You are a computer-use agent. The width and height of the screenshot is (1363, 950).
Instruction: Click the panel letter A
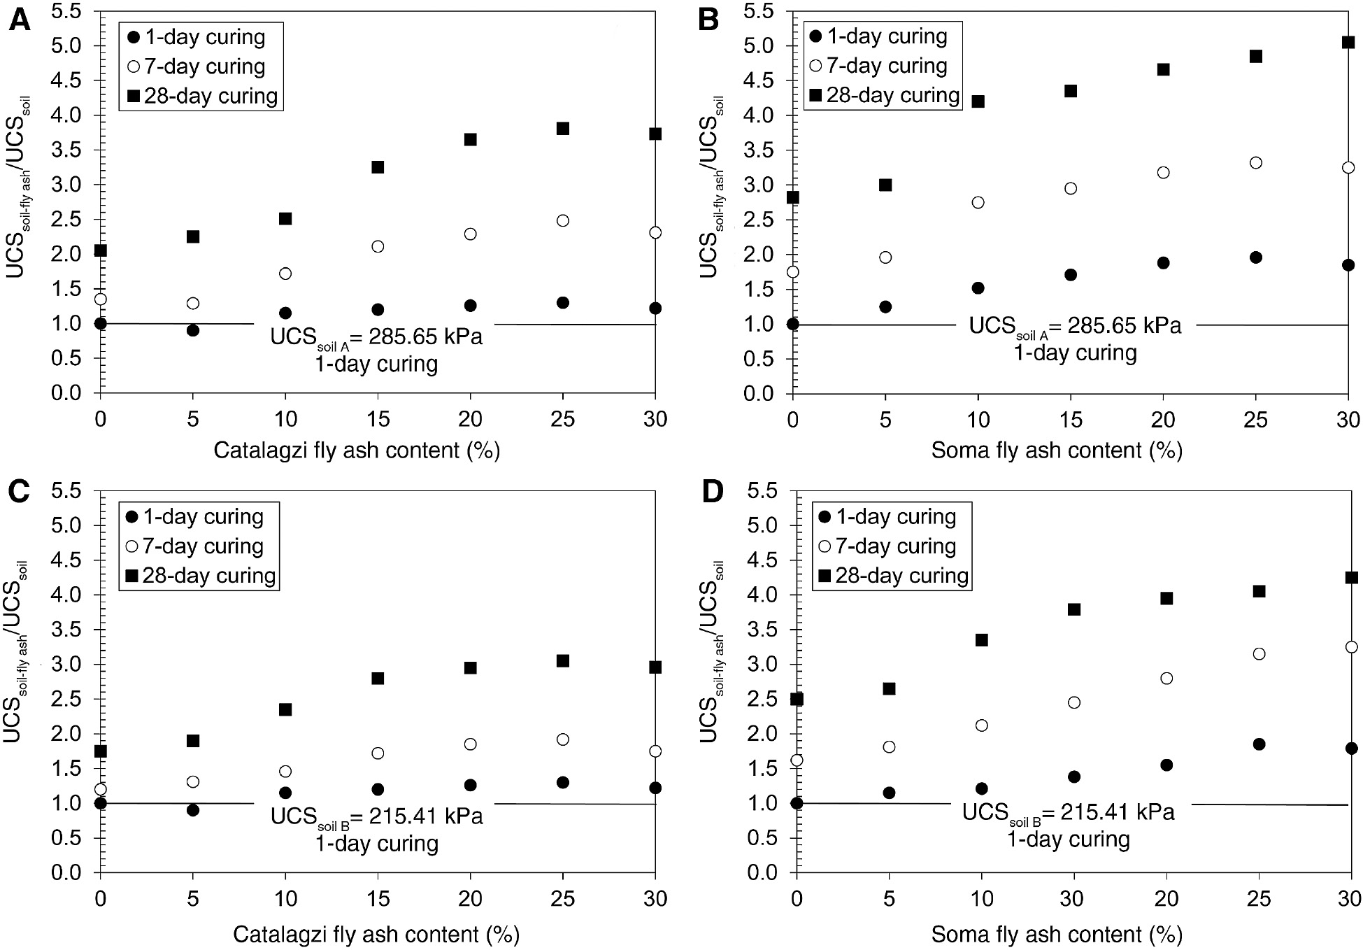(19, 20)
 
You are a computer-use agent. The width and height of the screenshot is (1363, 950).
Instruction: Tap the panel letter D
(711, 492)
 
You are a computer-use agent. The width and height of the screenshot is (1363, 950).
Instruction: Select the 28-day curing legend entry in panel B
(885, 95)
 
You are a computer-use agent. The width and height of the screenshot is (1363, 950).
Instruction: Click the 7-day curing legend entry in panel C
(194, 546)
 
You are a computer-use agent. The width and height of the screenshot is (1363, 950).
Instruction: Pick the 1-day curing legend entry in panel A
(197, 37)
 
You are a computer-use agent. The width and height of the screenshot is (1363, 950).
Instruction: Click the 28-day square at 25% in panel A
(563, 129)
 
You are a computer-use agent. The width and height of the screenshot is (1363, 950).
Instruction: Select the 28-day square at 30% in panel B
(1348, 43)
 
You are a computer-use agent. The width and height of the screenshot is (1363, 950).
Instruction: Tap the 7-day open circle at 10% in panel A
(285, 274)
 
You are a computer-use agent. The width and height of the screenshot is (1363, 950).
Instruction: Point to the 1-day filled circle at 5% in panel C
(193, 810)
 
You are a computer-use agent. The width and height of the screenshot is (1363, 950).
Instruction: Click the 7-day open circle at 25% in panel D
(1259, 654)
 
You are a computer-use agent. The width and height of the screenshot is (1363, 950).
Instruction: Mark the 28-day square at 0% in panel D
(797, 700)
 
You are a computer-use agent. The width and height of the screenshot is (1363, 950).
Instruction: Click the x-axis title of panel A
(357, 450)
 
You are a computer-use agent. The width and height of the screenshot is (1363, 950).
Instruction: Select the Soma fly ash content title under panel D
(1056, 935)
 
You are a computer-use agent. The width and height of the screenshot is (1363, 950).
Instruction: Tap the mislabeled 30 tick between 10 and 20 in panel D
(1073, 898)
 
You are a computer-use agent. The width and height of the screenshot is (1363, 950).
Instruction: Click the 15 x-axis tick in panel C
(378, 898)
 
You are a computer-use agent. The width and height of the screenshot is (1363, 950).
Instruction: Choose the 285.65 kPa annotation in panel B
(1075, 326)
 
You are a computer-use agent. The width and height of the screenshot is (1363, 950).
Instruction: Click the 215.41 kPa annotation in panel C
(376, 816)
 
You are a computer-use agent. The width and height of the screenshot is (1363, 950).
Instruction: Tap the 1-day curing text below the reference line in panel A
(376, 364)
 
